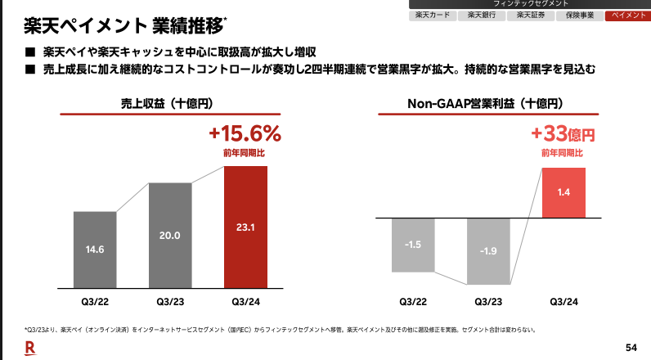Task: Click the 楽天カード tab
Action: point(432,16)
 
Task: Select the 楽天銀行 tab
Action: point(482,16)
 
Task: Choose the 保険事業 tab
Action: point(580,16)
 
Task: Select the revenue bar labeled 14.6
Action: point(95,249)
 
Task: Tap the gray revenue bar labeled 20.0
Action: point(170,235)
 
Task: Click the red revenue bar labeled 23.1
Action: point(245,226)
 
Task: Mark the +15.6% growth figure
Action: point(245,134)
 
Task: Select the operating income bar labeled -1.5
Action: point(413,244)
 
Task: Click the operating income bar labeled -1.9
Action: point(488,250)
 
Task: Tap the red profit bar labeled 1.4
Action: point(563,191)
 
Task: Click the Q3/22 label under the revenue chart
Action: point(95,302)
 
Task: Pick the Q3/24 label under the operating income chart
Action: point(563,302)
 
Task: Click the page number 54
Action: point(631,346)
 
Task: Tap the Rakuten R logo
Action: point(30,347)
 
